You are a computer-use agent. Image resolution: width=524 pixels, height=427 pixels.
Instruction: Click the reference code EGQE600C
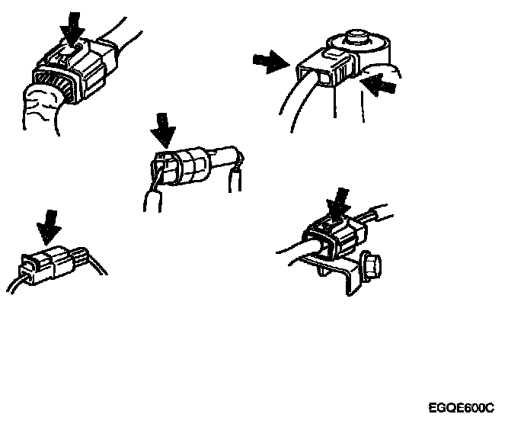pyautogui.click(x=462, y=408)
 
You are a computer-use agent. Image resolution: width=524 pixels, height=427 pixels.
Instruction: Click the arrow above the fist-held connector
pyautogui.click(x=73, y=28)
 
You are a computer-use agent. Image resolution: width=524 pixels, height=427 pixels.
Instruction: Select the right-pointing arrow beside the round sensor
pyautogui.click(x=271, y=62)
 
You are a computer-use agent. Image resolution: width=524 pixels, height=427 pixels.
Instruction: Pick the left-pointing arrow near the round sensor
pyautogui.click(x=379, y=85)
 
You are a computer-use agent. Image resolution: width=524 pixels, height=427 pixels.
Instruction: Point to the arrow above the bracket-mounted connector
pyautogui.click(x=338, y=203)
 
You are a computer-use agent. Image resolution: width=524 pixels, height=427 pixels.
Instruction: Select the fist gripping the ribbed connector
pyautogui.click(x=42, y=109)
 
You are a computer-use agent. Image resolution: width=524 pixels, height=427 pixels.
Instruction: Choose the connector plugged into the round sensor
pyautogui.click(x=326, y=68)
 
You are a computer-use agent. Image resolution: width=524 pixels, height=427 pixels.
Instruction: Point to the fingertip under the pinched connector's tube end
pyautogui.click(x=235, y=181)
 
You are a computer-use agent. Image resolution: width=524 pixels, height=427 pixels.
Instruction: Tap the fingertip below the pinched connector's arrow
pyautogui.click(x=153, y=201)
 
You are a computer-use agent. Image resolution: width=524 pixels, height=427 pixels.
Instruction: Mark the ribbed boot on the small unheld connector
pyautogui.click(x=79, y=256)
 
